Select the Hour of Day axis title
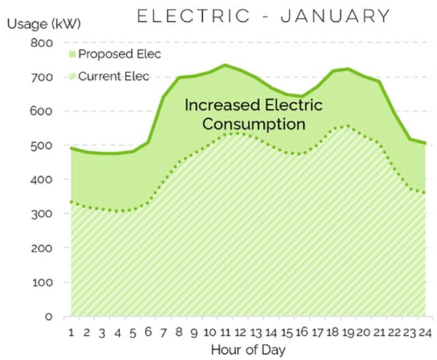coord(248,350)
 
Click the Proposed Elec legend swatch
coord(72,54)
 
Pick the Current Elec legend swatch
coord(72,76)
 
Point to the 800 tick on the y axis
coord(44,43)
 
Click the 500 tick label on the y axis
coord(44,146)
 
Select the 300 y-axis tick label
coord(44,214)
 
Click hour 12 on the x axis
coord(240,333)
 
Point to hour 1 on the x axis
coord(71,333)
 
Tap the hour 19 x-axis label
coord(348,333)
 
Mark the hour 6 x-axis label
coord(147,333)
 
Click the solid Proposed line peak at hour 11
coord(225,65)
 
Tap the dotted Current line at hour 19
coord(348,126)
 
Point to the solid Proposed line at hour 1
coord(71,148)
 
